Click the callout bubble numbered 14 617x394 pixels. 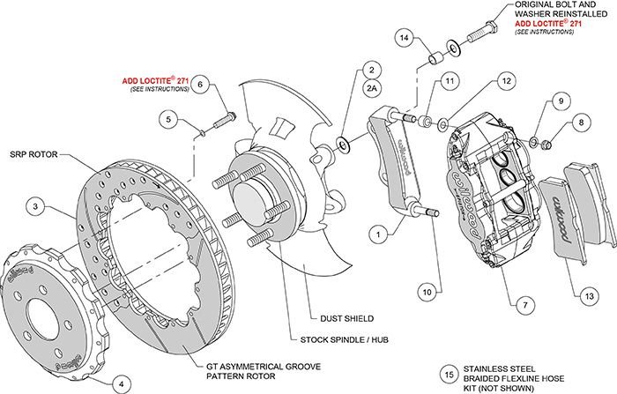404,38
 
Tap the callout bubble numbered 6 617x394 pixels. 200,85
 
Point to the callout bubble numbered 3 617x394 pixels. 34,206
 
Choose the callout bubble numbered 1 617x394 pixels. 377,235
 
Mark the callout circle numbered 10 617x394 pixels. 427,289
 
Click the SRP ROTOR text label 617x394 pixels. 33,151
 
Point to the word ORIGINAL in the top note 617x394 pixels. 536,6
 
